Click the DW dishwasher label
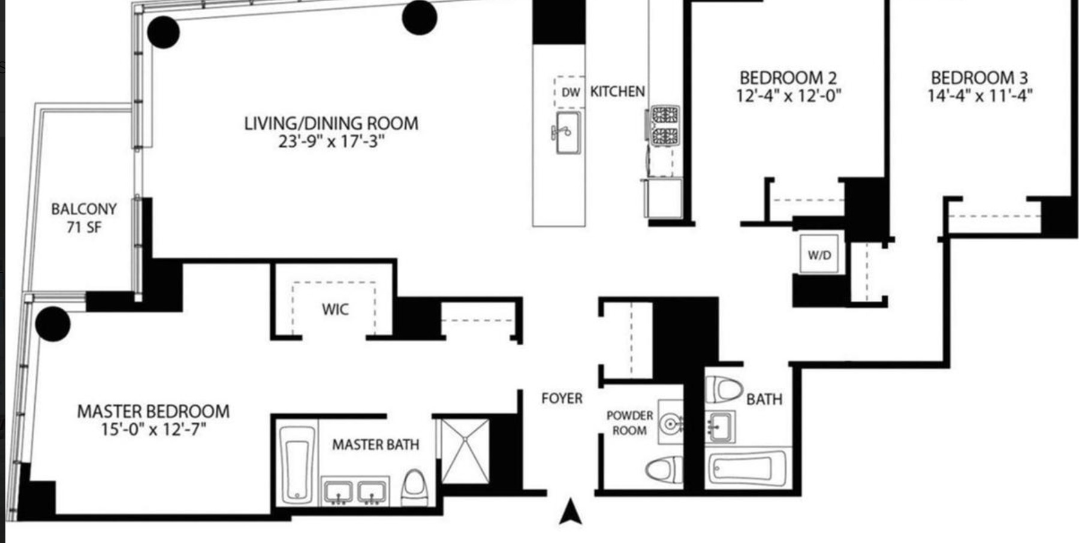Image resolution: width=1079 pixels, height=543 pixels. [x=570, y=92]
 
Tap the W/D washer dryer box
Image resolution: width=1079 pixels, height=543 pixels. [x=819, y=254]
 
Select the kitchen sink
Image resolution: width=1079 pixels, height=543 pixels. [x=566, y=132]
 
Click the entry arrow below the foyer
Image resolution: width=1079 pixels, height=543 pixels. [x=571, y=512]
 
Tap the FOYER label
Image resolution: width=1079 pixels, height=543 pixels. [x=562, y=399]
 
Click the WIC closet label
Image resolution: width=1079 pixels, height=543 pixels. [x=334, y=309]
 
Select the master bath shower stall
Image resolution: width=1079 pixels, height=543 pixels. [x=465, y=451]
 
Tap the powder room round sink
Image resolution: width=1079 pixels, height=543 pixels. [x=670, y=424]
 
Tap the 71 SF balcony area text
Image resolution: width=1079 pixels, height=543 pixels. [x=84, y=227]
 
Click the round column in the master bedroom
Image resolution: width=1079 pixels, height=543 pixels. [x=53, y=324]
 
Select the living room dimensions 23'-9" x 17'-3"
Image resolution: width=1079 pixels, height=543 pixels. [x=331, y=142]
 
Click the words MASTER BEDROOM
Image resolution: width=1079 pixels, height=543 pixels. [x=153, y=412]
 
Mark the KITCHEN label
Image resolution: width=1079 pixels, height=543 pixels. [x=617, y=92]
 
